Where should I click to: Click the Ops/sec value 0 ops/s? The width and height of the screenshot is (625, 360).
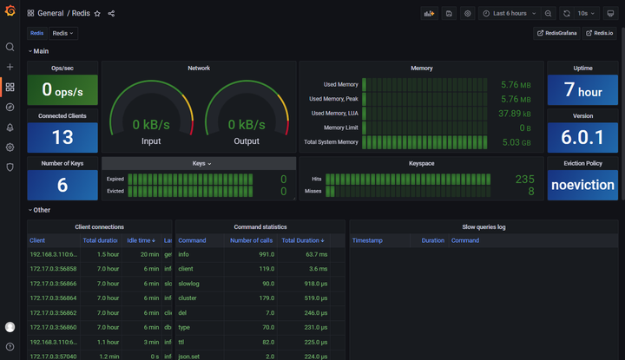coord(62,90)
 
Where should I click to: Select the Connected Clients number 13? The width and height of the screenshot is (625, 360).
coord(62,138)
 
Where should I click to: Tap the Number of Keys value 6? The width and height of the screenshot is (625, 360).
coord(62,185)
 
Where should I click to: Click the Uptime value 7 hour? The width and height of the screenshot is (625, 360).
coord(582,90)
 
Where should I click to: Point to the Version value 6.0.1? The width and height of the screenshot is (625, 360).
coord(582,138)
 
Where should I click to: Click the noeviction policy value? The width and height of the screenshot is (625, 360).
coord(582,185)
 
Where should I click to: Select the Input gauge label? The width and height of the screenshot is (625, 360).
coord(151,141)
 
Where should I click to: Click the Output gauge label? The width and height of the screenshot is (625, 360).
coord(247,141)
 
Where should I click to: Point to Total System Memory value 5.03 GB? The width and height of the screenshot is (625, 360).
coord(516,142)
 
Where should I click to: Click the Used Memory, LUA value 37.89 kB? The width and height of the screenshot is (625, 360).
coord(515,114)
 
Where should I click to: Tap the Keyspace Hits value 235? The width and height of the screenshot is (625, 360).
coord(524,179)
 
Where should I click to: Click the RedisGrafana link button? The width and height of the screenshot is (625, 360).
coord(557,33)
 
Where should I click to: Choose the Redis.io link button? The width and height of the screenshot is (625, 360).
coord(600,33)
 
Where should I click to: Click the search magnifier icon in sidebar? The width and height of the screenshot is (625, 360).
coord(10,47)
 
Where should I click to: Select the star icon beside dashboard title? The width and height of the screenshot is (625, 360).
coord(97,14)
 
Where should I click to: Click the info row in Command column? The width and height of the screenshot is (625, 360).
coord(183,255)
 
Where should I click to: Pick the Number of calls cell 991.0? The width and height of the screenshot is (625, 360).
coord(266,255)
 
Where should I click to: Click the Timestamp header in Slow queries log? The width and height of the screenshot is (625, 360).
coord(367,240)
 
